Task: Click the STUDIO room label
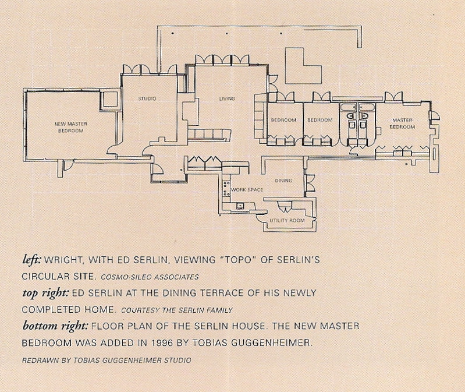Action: (147, 99)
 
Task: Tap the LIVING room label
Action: (226, 99)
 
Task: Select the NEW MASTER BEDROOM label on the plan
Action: (69, 128)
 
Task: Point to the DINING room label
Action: (283, 181)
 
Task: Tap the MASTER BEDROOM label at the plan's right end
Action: (402, 123)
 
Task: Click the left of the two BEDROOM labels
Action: (284, 120)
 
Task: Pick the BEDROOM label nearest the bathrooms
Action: (320, 120)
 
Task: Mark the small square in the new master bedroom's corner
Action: (109, 100)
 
